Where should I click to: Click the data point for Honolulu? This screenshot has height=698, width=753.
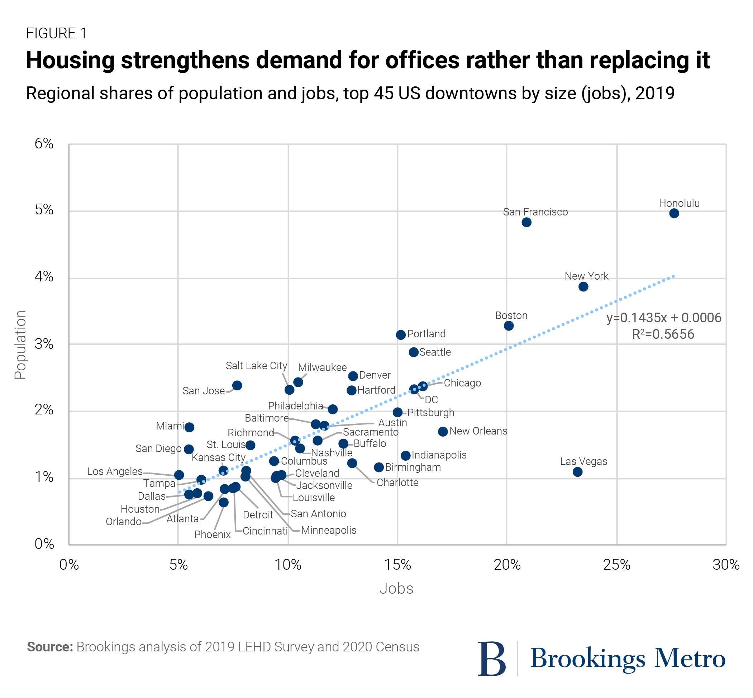674,213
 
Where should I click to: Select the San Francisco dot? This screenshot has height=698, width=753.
526,223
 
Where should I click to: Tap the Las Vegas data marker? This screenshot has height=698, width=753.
577,472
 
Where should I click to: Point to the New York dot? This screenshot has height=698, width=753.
583,287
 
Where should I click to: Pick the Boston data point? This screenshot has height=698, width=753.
508,326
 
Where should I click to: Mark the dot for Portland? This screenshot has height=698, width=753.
401,334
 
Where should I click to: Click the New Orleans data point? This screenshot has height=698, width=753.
443,431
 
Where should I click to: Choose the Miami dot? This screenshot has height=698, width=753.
190,427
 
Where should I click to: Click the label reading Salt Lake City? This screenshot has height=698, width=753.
256,366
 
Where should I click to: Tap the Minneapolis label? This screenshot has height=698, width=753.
329,530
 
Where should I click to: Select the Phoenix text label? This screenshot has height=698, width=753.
212,535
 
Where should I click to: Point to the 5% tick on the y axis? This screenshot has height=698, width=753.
44,210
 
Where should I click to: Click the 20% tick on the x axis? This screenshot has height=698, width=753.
507,565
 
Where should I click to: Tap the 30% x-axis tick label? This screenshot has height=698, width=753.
726,565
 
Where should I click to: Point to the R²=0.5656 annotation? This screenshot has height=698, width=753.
663,334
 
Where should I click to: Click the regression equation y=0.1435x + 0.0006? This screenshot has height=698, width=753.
663,318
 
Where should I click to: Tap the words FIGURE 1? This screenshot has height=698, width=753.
56,34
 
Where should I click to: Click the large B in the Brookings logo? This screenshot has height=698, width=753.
491,659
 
